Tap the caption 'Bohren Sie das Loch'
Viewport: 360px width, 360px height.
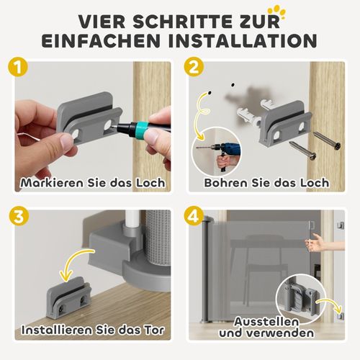click(x=267, y=182)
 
